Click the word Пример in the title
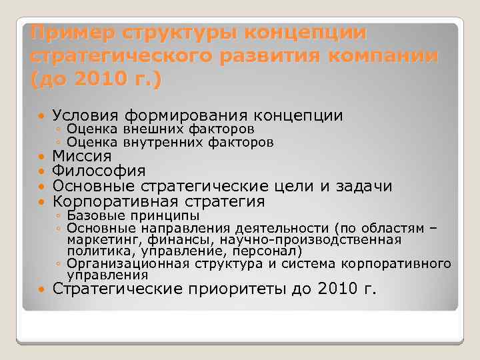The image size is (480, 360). [61, 32]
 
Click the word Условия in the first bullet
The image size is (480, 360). [89, 116]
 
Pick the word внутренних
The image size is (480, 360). [159, 143]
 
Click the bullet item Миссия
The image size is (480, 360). [82, 157]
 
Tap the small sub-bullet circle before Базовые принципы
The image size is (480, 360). [59, 217]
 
